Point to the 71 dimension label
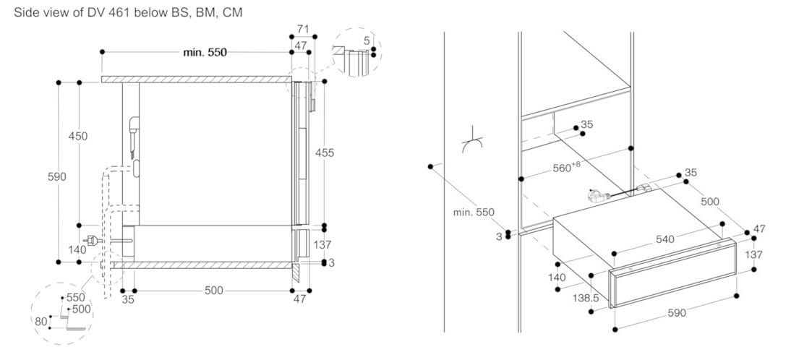(x=304, y=29)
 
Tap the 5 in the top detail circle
(x=367, y=41)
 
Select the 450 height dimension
(x=78, y=136)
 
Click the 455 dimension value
(x=325, y=153)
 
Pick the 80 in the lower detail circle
(x=40, y=320)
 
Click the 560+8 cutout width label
(x=566, y=167)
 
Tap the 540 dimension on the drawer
(x=664, y=239)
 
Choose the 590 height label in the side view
(x=58, y=176)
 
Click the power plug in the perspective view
(x=596, y=195)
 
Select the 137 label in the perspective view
(x=754, y=255)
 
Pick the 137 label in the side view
(x=322, y=245)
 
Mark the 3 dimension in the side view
(x=331, y=262)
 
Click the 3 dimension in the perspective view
(x=500, y=235)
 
